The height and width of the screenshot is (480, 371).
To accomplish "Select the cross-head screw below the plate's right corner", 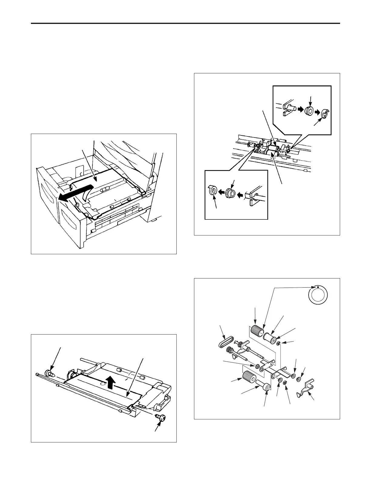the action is click(161, 418).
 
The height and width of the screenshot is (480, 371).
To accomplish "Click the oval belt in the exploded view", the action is click(225, 343).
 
